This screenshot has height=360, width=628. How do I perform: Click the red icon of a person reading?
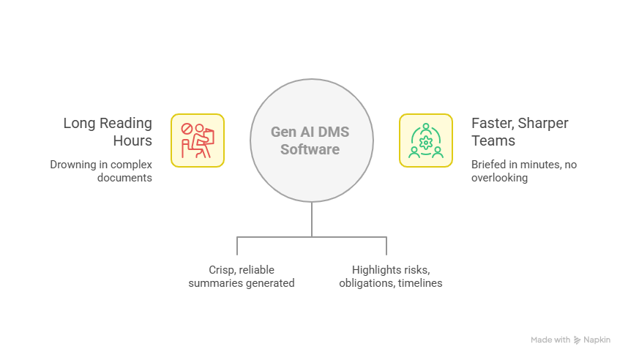(x=198, y=139)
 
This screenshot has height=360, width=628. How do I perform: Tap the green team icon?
(x=425, y=139)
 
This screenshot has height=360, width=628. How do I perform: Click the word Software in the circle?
(x=312, y=150)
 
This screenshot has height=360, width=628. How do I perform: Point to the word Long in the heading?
(x=78, y=123)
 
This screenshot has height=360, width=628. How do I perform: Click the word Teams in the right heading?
(x=493, y=140)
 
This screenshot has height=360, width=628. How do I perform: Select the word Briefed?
(x=489, y=165)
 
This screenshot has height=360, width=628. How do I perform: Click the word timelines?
(x=420, y=282)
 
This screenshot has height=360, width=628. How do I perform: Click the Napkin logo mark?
(x=577, y=340)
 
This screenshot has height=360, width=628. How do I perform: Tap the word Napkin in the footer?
(x=597, y=340)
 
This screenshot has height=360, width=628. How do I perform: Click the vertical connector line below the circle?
(x=312, y=220)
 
